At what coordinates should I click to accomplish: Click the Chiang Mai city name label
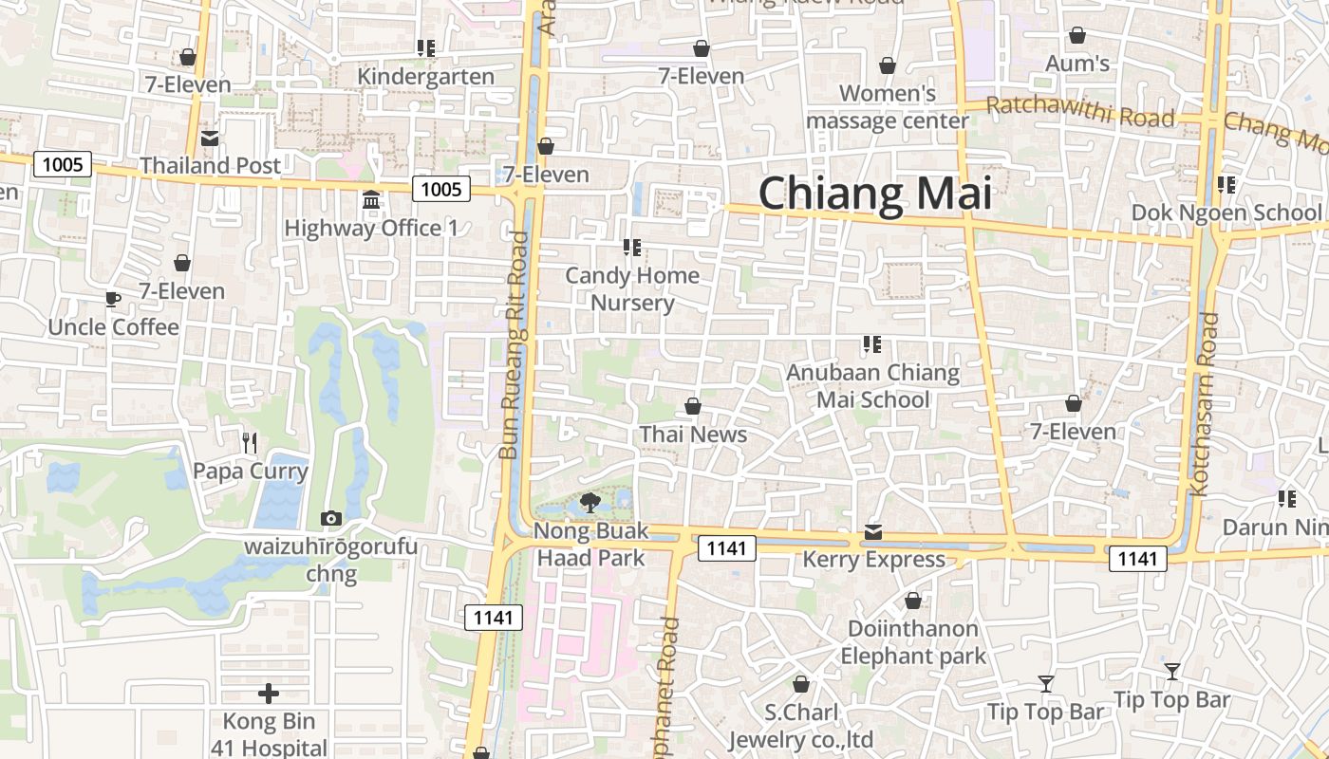[874, 194]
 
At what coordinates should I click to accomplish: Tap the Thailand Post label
[211, 165]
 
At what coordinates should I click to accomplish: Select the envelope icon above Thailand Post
[210, 139]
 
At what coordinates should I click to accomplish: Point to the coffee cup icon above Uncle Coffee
[113, 301]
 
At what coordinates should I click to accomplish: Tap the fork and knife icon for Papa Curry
[250, 442]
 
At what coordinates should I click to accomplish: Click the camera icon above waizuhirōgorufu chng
[330, 518]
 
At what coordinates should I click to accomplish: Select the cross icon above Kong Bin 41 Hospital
[269, 694]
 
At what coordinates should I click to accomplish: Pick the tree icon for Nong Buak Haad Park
[590, 502]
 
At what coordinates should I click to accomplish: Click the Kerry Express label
[873, 560]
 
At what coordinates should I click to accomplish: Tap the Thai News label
[693, 435]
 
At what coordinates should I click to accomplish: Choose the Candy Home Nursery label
[632, 289]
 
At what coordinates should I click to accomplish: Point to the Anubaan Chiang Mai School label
[872, 386]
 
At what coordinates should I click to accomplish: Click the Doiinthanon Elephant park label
[913, 642]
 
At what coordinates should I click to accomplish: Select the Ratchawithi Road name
[1080, 113]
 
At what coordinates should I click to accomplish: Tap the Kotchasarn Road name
[1204, 404]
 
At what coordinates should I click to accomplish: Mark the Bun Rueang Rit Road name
[514, 345]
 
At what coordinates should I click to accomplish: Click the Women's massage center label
[888, 107]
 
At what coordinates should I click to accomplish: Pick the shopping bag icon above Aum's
[1077, 36]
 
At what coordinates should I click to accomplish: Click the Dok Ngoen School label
[1226, 213]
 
